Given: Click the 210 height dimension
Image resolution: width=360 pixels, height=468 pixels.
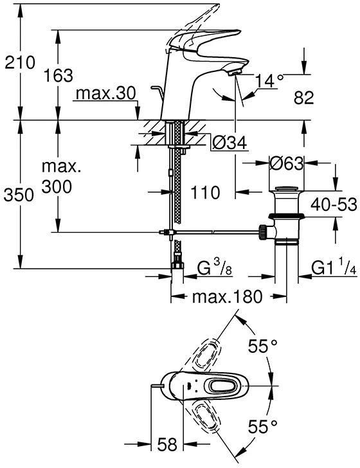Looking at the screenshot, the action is [x=20, y=62].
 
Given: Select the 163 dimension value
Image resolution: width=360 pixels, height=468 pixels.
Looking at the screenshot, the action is [x=59, y=75].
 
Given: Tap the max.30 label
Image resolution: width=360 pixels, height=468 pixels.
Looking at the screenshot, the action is [x=106, y=93].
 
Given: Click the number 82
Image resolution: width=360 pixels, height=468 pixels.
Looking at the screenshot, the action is [x=303, y=98].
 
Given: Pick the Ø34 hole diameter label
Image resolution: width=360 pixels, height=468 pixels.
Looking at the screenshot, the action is [x=230, y=143].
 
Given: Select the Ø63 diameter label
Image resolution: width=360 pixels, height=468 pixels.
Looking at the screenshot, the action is [x=286, y=163].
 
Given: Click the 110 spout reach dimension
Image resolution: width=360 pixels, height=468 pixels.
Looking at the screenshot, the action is [x=205, y=192].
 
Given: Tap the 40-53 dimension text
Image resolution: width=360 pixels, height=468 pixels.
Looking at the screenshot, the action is [x=334, y=204].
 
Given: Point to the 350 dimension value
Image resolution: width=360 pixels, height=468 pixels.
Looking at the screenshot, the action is [x=19, y=195].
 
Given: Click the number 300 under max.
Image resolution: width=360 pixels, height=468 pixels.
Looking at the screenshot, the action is [x=57, y=187].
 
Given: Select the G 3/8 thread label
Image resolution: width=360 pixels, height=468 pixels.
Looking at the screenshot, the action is [x=214, y=267].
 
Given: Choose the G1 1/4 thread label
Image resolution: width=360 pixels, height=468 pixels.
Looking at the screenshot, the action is [x=334, y=267].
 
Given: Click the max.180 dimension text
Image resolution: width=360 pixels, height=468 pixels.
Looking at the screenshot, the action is [x=228, y=297].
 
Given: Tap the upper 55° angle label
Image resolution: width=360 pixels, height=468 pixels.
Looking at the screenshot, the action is [x=263, y=346].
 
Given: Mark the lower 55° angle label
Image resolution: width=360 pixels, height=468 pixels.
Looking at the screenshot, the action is [x=263, y=426].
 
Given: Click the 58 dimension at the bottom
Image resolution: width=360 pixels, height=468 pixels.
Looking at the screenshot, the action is [x=167, y=444].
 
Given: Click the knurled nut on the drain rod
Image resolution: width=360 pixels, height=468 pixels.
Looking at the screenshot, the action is [x=263, y=232].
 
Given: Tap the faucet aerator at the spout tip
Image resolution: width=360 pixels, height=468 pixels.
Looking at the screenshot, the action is [x=235, y=72].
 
